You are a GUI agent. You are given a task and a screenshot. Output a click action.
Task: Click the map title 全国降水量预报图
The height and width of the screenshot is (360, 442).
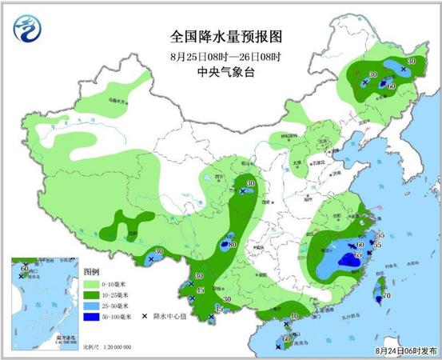point(221,37)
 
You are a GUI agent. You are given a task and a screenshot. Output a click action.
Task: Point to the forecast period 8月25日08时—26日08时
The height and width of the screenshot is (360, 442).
point(221,56)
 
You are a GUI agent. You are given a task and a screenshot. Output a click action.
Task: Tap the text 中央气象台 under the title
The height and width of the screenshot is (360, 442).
point(221,72)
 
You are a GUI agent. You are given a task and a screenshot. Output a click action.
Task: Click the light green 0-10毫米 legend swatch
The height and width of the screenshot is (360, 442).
point(90,284)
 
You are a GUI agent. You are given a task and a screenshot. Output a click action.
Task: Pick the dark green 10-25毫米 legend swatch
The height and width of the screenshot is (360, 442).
point(90,295)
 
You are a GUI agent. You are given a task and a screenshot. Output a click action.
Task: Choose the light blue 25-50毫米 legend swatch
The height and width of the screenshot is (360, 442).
point(90,306)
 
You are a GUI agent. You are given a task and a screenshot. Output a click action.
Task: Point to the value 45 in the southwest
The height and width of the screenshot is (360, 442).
point(201,290)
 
